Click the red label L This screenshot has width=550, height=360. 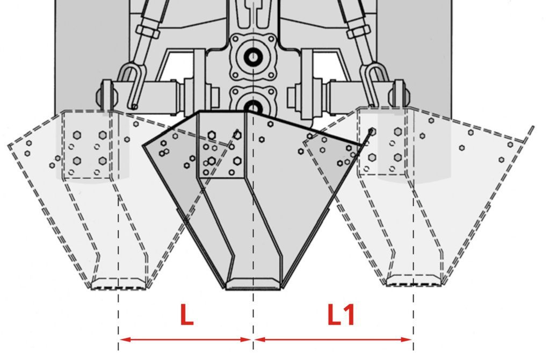pos(186,315)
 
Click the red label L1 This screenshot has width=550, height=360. pos(341,315)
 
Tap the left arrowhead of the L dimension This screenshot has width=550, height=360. pos(125,340)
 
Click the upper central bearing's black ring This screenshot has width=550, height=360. pos(253,57)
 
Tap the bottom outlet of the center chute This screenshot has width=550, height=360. pos(253,284)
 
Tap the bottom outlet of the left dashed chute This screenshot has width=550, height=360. pos(119,284)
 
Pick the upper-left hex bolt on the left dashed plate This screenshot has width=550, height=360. pos(77,135)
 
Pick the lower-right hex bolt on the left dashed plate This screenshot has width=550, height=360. pos(103,161)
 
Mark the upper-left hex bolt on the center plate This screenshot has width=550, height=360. pos(212,135)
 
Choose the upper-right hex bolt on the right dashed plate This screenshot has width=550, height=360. pos(397,132)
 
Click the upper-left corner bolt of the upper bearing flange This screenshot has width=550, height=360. pos(235,39)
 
